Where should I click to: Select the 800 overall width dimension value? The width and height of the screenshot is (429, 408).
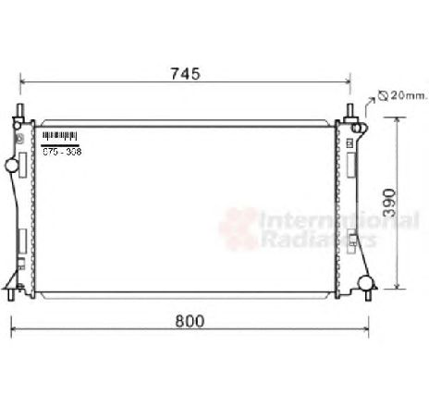(189, 321)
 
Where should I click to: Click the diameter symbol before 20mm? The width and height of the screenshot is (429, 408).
(381, 95)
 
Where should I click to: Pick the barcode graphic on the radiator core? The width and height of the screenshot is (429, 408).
(59, 138)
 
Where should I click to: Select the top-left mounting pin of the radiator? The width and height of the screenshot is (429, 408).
(19, 114)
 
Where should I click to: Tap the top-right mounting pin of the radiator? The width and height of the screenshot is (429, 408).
(351, 113)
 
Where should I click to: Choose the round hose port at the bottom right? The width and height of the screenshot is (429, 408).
(366, 282)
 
